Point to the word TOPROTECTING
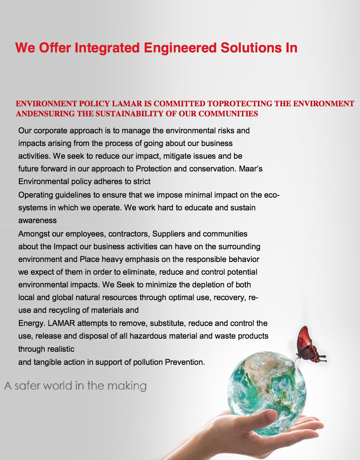point(249,104)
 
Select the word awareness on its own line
point(37,221)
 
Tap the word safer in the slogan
point(27,385)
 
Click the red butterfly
point(309,344)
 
